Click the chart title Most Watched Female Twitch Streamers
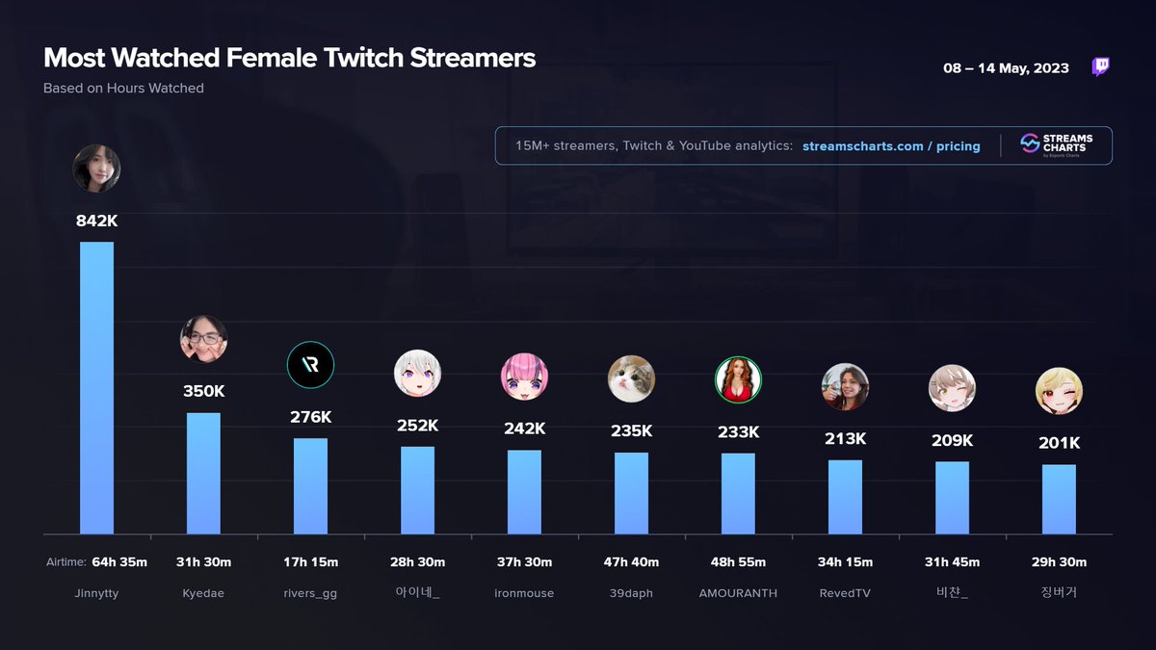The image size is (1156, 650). tap(289, 58)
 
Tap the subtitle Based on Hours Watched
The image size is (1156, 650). tap(123, 88)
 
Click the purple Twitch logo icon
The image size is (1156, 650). tap(1100, 67)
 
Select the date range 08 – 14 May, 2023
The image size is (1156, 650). tap(1006, 68)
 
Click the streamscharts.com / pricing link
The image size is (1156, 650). tap(891, 146)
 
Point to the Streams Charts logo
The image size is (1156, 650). tap(1056, 145)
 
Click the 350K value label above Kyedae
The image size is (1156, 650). tap(203, 392)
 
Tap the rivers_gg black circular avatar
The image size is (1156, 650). tap(310, 365)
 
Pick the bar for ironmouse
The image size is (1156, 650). tap(524, 491)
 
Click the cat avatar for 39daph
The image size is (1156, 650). tap(631, 378)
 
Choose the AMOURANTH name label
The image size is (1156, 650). tap(738, 593)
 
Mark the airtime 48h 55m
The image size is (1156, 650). tap(738, 562)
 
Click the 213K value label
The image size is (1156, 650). tap(845, 439)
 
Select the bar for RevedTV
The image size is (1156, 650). tap(845, 497)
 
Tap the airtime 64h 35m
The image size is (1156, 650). tap(119, 562)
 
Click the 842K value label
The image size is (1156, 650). tap(96, 221)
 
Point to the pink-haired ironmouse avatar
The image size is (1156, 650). tap(524, 377)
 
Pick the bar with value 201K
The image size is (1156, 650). tap(1059, 499)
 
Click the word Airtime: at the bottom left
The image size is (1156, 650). tap(66, 562)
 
